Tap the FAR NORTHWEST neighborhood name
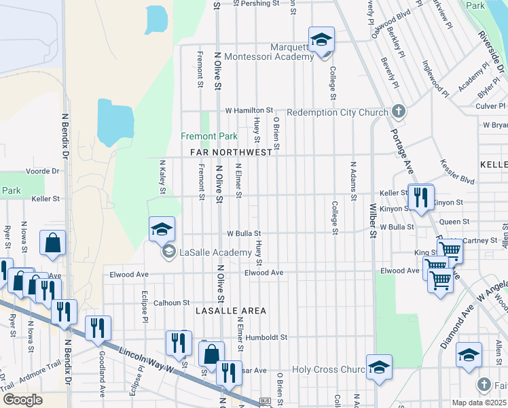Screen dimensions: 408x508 tap(226, 152)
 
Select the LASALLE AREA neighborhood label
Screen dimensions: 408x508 tap(230, 310)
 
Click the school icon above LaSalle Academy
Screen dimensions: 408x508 tap(162, 229)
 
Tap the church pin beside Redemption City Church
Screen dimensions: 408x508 tap(399, 112)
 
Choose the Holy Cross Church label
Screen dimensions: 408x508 tap(329, 370)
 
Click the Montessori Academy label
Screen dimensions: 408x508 tap(270, 57)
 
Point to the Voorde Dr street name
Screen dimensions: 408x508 tap(43, 171)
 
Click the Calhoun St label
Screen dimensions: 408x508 tap(170, 303)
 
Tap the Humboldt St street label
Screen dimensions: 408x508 tap(267, 337)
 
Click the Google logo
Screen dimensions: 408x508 tap(23, 400)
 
